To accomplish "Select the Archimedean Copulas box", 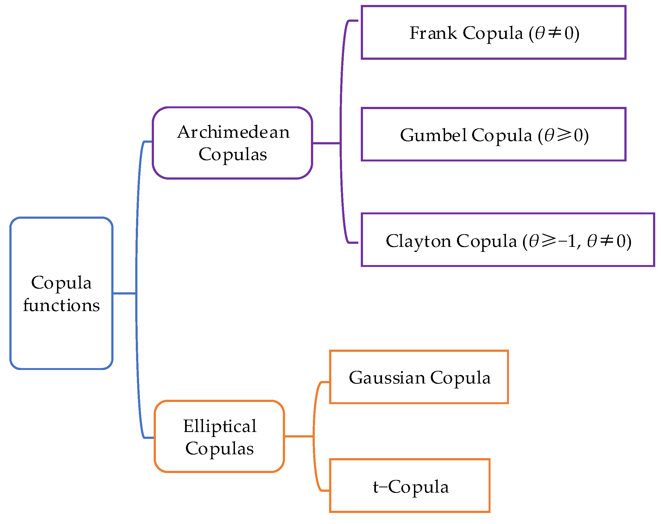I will coord(232,143).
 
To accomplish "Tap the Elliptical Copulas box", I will coord(219,436).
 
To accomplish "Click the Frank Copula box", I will coord(493,33).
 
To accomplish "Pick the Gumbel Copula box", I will coord(493,134).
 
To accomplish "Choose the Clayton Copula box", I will coord(507,240).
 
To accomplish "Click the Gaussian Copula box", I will coord(419,377).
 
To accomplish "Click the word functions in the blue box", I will coord(61,305).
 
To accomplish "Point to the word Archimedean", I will coord(233,132).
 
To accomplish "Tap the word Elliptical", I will coord(220,426).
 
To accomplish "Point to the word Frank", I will coord(433,33).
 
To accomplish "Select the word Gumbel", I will coord(433,135).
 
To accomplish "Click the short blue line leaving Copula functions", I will coord(124,293).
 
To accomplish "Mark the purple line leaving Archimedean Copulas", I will coord(326,143).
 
